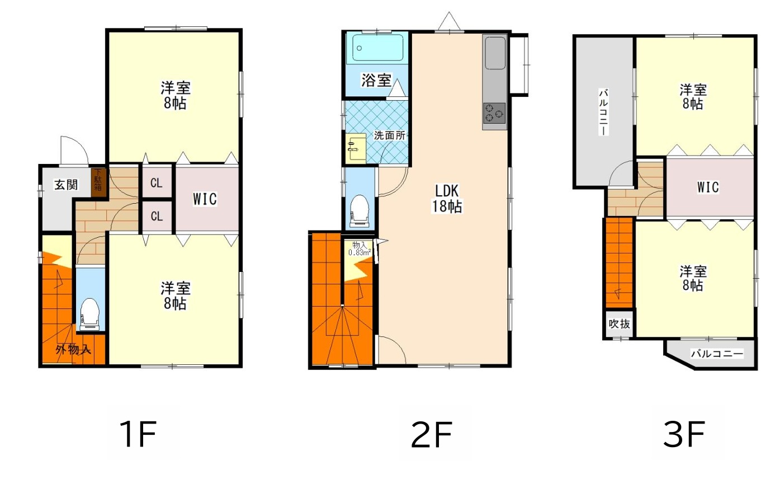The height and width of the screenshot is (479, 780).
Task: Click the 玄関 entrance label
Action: point(66,185)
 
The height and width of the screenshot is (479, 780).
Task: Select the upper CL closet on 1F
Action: point(157,182)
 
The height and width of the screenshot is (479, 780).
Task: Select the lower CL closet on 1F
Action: point(157,217)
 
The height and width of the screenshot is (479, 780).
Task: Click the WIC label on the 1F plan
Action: point(205,199)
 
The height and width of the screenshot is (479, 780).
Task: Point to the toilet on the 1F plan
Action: point(89,314)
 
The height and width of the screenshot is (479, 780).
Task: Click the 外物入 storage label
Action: point(73,349)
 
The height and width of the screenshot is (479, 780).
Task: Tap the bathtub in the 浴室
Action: point(378,48)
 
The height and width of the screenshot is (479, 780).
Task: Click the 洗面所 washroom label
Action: point(390,135)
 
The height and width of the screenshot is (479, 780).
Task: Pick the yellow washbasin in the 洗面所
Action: point(356,148)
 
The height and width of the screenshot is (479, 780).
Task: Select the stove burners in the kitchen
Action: point(494,113)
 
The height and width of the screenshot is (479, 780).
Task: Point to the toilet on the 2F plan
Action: point(360,211)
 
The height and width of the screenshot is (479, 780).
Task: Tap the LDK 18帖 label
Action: point(447,198)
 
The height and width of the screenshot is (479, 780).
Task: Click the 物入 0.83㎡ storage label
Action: point(360,248)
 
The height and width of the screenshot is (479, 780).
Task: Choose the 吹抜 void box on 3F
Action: point(620,323)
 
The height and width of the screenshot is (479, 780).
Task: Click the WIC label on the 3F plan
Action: point(708,187)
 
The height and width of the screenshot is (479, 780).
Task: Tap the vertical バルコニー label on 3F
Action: point(603,112)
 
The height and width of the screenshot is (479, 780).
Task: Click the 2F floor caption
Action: point(432,434)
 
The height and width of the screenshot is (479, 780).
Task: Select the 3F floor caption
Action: point(684,434)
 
